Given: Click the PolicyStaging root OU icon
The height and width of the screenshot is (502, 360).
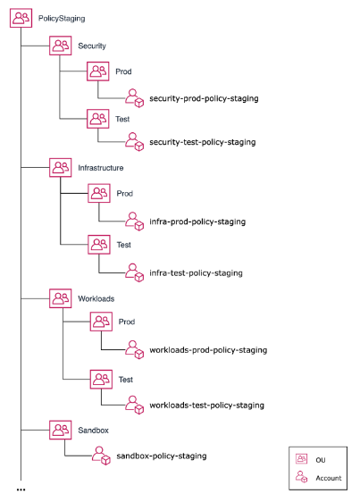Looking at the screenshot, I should point(21,16).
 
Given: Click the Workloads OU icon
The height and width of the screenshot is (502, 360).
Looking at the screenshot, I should point(61,297).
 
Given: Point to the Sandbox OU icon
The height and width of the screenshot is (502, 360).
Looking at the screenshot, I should point(61,430).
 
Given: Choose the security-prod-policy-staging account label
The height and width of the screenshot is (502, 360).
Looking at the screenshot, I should point(204,97).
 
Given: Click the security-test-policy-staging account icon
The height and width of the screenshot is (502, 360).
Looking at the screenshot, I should point(134,141).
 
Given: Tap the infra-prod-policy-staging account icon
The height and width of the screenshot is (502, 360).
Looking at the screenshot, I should point(134,220).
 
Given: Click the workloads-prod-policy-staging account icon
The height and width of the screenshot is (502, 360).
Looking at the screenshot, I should point(135,349).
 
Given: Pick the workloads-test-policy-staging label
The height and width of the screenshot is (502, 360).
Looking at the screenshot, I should point(206,405).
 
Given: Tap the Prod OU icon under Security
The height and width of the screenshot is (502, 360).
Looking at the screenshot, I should point(97,71).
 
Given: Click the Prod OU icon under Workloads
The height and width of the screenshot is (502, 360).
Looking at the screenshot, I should point(100,322).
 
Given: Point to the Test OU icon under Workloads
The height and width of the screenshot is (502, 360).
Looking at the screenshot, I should point(100,379).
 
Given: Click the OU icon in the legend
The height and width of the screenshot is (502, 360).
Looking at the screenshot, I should point(302,458).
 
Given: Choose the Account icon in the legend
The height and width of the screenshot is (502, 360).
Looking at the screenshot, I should point(302,478).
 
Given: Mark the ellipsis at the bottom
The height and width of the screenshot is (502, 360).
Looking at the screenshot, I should point(21,490).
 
